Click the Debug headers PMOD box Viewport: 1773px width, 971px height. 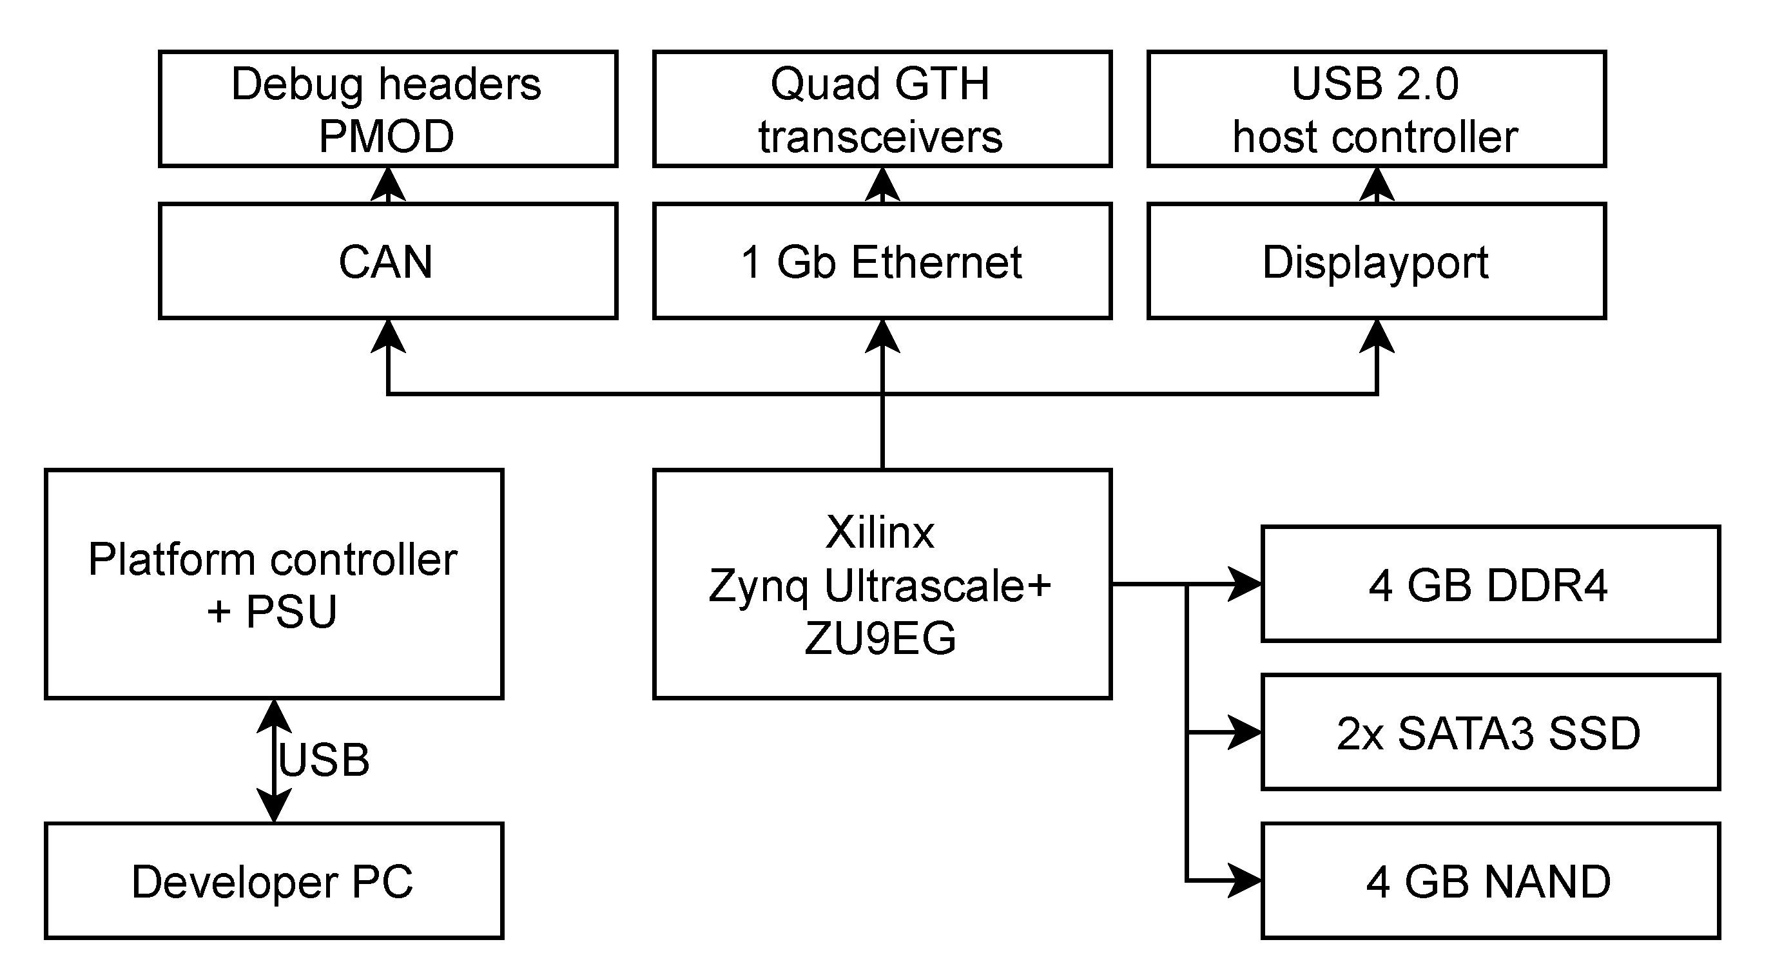click(x=387, y=109)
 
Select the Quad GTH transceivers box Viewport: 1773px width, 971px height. click(x=882, y=109)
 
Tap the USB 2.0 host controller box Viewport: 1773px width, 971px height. click(x=1376, y=109)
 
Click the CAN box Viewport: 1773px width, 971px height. click(x=387, y=262)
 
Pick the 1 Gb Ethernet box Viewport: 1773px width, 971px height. click(x=882, y=262)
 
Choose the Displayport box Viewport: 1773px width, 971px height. click(x=1376, y=262)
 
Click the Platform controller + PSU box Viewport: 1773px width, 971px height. click(x=274, y=584)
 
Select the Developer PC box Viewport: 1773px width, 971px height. click(x=274, y=881)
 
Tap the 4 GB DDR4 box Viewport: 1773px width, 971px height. click(x=1490, y=584)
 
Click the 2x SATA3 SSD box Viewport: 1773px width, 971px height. click(x=1490, y=732)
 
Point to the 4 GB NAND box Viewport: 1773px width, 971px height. click(x=1490, y=881)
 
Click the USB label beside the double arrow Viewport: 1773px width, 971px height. click(x=324, y=760)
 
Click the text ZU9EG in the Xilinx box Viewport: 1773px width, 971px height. click(x=880, y=638)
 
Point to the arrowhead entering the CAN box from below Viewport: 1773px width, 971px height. click(x=388, y=336)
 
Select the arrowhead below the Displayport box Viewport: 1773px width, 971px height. click(x=1377, y=336)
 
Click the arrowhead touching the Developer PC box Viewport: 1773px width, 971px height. click(x=274, y=805)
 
